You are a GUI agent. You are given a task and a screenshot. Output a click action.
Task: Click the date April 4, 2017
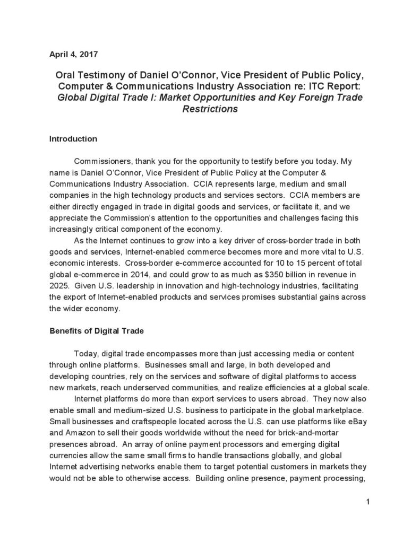[73, 54]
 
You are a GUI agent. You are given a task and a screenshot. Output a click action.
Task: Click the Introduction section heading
[73, 139]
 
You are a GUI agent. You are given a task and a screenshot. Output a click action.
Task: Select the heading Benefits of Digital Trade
[96, 331]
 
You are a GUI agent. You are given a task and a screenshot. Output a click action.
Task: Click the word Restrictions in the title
[210, 110]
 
